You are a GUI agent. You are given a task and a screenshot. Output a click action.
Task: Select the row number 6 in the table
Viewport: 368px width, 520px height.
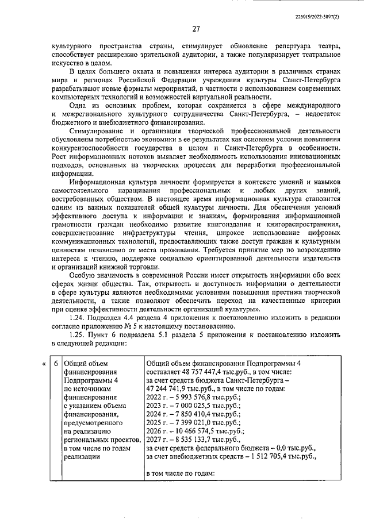tap(55, 364)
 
